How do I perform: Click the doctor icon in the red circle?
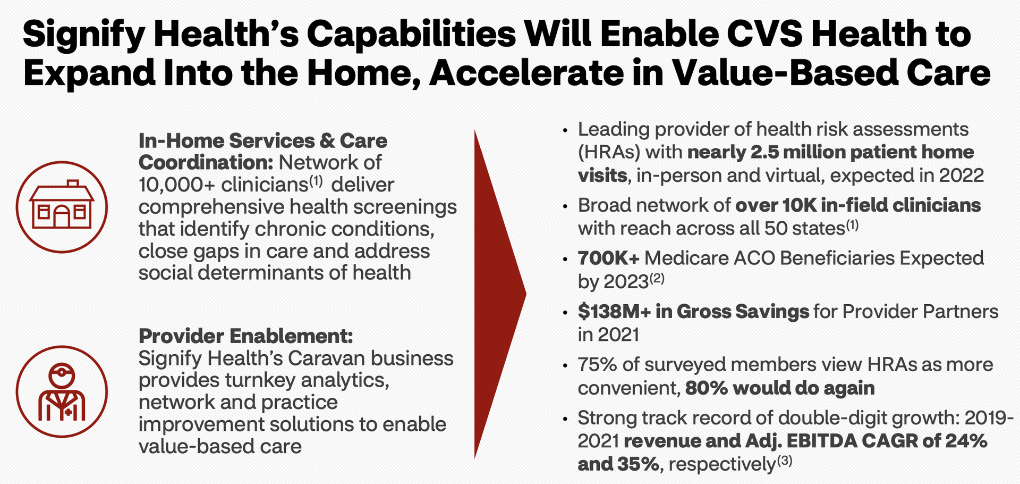(x=62, y=391)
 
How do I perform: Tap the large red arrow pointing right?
(x=500, y=294)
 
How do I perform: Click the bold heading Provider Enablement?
(x=246, y=336)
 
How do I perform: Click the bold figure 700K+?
(x=609, y=258)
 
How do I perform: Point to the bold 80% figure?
(x=706, y=388)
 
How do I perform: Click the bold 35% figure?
(x=637, y=464)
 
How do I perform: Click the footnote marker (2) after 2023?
(x=657, y=278)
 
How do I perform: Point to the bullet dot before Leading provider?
(x=566, y=131)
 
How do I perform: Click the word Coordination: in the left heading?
(x=206, y=162)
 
